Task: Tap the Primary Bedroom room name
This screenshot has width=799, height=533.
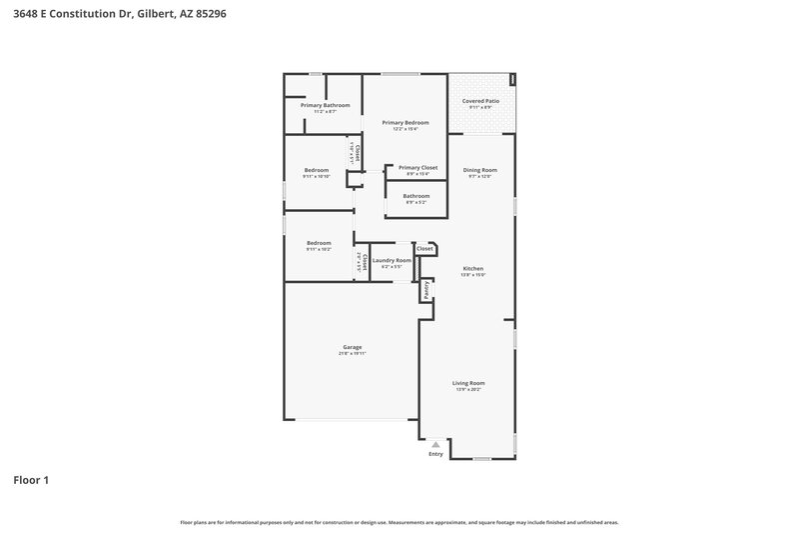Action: [404, 122]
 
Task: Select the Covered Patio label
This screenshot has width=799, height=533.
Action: [480, 101]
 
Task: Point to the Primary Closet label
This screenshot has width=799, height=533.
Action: [417, 167]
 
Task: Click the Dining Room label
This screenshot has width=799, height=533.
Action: [480, 170]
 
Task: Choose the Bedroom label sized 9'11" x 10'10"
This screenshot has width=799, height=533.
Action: [318, 170]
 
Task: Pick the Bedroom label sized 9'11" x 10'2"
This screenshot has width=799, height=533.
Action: [319, 243]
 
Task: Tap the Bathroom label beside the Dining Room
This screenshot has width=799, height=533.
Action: [416, 196]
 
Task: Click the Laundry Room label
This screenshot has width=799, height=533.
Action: [392, 260]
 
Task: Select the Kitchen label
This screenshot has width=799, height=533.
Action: [473, 268]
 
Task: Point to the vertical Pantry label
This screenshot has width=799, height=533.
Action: [425, 289]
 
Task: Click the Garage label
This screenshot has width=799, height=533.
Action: [351, 347]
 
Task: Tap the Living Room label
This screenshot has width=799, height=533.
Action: [468, 383]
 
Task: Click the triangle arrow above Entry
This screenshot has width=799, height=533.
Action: [435, 444]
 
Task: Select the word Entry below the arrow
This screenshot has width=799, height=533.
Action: [435, 454]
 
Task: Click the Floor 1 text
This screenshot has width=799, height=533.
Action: [31, 480]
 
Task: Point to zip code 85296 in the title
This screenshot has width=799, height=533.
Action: [211, 14]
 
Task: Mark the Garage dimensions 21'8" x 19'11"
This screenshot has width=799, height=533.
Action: [351, 354]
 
